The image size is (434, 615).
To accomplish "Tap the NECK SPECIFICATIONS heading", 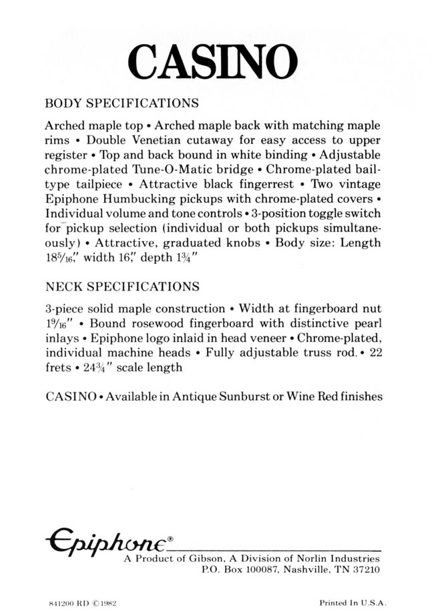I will pos(122,287).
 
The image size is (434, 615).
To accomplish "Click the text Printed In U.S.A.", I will pos(353,602).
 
